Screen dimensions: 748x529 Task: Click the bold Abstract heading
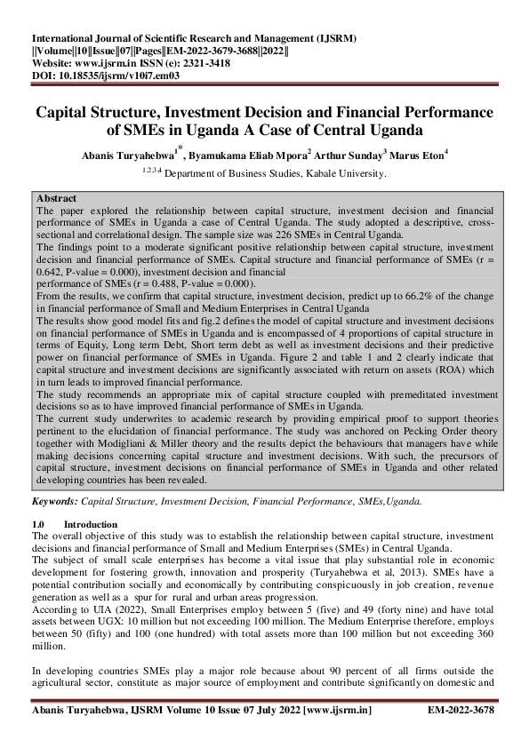coord(57,197)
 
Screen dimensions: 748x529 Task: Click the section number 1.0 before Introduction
coord(38,525)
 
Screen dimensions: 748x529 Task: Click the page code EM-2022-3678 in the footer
coord(461,712)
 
